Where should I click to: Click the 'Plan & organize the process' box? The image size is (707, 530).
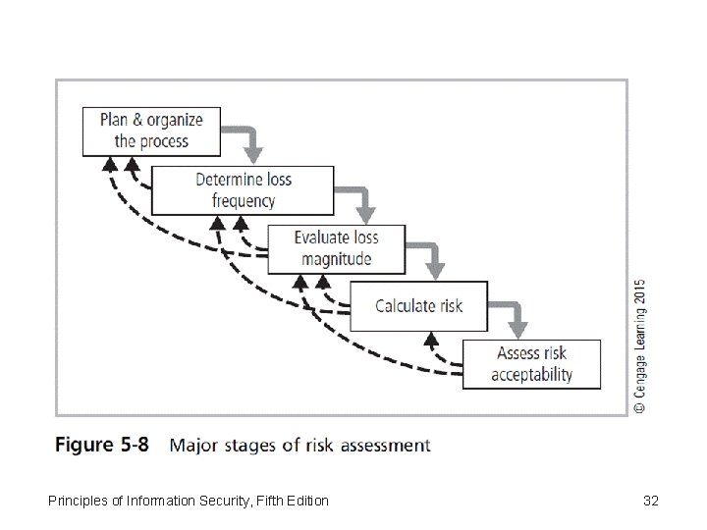pyautogui.click(x=151, y=131)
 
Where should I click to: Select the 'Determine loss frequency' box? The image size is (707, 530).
pyautogui.click(x=244, y=190)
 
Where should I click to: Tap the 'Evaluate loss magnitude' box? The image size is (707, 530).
pyautogui.click(x=336, y=248)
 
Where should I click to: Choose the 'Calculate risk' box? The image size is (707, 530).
pyautogui.click(x=418, y=305)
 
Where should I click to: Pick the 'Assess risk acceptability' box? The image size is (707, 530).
pyautogui.click(x=531, y=364)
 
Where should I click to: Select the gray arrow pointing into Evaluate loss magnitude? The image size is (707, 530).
pyautogui.click(x=365, y=200)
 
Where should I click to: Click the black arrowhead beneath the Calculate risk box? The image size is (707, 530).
pyautogui.click(x=429, y=340)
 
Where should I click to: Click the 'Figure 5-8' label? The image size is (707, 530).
pyautogui.click(x=101, y=445)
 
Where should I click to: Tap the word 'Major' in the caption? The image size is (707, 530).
pyautogui.click(x=194, y=445)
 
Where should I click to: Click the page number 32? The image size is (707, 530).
pyautogui.click(x=650, y=502)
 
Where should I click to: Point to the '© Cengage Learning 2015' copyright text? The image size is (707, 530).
pyautogui.click(x=639, y=344)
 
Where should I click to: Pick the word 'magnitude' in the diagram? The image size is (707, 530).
pyautogui.click(x=336, y=259)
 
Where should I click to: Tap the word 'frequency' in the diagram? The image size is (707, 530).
pyautogui.click(x=244, y=201)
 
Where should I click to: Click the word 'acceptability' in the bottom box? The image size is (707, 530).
pyautogui.click(x=531, y=375)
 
